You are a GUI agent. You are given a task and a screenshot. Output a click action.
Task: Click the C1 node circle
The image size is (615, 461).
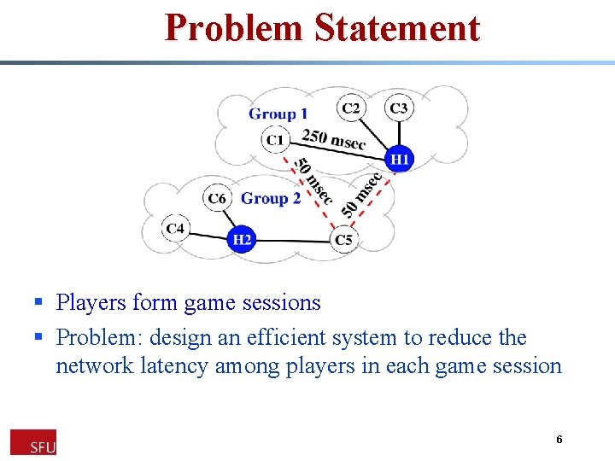pos(275,139)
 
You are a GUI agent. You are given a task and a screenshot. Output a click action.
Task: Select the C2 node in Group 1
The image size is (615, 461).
pos(351,108)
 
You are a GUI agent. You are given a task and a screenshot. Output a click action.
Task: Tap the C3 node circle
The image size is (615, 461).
pos(398,108)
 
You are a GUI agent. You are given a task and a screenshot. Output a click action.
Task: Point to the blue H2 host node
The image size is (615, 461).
pos(243,240)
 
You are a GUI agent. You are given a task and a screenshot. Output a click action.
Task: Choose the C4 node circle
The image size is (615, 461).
pos(176,229)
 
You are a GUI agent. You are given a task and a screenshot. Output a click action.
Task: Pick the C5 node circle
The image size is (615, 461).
pos(343,240)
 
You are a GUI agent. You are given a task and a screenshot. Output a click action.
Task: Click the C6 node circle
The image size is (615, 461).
pos(217,199)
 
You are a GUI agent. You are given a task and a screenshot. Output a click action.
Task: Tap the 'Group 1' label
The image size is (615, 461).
pos(278,114)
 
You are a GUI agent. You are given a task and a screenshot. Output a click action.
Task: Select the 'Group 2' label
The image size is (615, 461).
pos(271,198)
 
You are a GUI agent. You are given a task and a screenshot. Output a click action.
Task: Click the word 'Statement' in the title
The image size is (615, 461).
pos(397,27)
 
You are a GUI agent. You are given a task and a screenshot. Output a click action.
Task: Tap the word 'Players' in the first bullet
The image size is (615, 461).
pos(91,302)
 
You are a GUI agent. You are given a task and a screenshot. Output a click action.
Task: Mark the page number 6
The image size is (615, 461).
pos(559,440)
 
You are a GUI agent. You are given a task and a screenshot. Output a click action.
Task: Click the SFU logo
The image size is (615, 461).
pos(33,442)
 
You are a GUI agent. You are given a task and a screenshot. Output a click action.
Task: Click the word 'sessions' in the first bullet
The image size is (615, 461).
pos(281,302)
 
